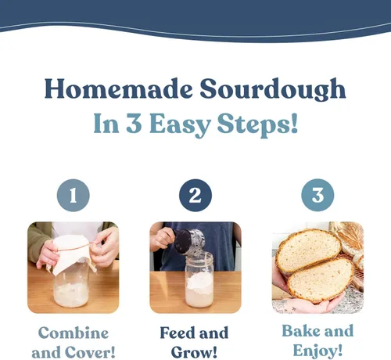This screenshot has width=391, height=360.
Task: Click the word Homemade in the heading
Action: [x=119, y=88]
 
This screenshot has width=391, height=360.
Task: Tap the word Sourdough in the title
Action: [x=273, y=89]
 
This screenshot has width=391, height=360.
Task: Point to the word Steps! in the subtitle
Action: [x=257, y=124]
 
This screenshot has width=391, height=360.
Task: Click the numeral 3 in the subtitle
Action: [x=134, y=123]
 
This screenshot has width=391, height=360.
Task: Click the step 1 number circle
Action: [x=74, y=195]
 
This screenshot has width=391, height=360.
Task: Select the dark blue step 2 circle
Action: [x=195, y=195]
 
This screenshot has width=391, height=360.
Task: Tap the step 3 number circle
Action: [x=317, y=195]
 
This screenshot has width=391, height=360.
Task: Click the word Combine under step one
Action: [x=74, y=333]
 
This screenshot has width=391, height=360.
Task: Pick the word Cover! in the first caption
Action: [x=90, y=352]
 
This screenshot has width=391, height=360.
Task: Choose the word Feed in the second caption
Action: [x=178, y=333]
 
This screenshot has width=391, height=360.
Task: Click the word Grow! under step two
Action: [x=194, y=352]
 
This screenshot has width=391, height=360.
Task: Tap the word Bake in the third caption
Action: [x=301, y=331]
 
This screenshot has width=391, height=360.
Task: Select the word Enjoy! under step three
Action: [x=317, y=351]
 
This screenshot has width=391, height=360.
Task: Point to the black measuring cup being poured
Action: [x=190, y=241]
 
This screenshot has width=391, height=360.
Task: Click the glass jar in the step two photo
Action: [x=199, y=279]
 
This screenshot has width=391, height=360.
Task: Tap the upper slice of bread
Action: [x=308, y=250]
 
